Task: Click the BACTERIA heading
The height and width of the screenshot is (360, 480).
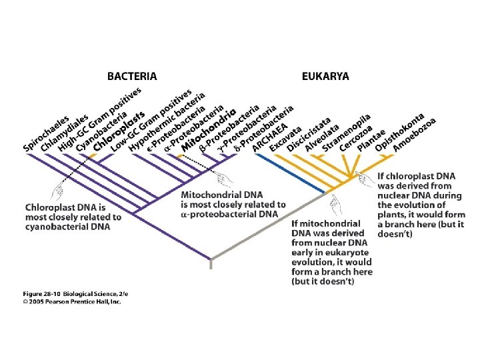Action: click(x=132, y=77)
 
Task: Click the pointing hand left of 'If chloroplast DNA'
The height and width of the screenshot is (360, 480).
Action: click(x=365, y=178)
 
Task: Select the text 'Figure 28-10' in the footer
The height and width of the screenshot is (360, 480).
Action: click(x=45, y=293)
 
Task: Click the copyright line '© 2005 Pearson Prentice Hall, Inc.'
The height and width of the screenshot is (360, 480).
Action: click(x=73, y=301)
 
